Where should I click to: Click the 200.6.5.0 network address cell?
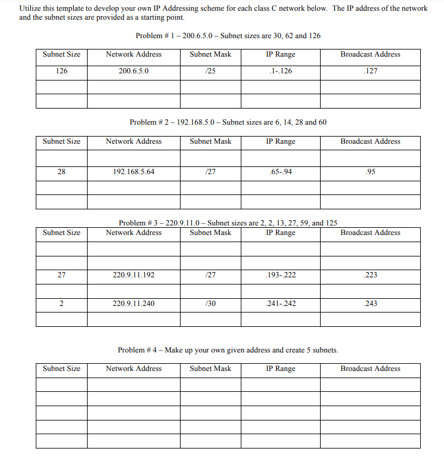[133, 71]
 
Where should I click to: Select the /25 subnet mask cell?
[210, 71]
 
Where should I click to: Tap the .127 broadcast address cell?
[370, 71]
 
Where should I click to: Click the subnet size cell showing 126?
[61, 71]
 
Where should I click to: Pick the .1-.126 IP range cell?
[281, 71]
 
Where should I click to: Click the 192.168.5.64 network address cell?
[133, 172]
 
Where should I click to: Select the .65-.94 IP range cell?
[281, 172]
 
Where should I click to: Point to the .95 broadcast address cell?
[370, 172]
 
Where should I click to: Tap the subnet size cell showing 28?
[61, 172]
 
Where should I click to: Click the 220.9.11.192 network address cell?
[133, 276]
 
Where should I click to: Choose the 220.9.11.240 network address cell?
[133, 304]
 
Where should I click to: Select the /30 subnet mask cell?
[210, 304]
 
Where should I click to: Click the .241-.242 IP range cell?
[281, 304]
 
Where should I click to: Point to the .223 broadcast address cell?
[370, 276]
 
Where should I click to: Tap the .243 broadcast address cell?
[370, 304]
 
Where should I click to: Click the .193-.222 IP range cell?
[281, 276]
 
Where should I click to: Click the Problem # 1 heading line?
[228, 36]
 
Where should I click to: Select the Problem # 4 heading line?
[228, 350]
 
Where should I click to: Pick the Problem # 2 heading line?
[228, 122]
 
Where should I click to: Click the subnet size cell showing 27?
[61, 276]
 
